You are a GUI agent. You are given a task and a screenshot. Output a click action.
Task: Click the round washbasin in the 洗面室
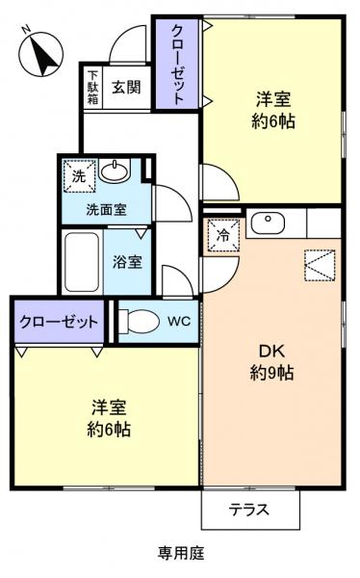point(114,173)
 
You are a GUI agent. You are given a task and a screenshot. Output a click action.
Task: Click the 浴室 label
point(127,261)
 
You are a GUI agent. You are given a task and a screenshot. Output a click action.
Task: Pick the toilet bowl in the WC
point(140,320)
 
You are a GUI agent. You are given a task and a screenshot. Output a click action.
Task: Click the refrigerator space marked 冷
point(223,234)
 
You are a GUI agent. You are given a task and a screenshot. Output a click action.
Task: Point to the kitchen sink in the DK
point(267,223)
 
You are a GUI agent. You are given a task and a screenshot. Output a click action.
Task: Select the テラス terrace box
point(248,510)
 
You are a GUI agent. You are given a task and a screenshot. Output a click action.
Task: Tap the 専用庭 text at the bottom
point(181,553)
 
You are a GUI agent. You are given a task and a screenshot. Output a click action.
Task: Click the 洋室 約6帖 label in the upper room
point(273,111)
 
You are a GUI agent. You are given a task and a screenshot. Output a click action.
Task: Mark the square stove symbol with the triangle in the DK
point(319,264)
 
